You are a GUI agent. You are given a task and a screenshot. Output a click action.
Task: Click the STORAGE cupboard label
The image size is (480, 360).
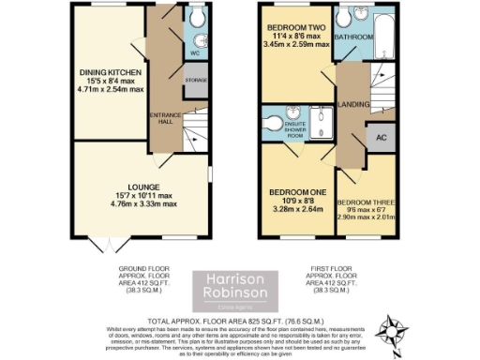[195, 82]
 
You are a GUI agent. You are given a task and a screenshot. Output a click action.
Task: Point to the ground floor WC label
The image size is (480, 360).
[195, 53]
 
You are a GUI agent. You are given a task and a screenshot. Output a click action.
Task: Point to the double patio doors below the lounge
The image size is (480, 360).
[114, 247]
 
